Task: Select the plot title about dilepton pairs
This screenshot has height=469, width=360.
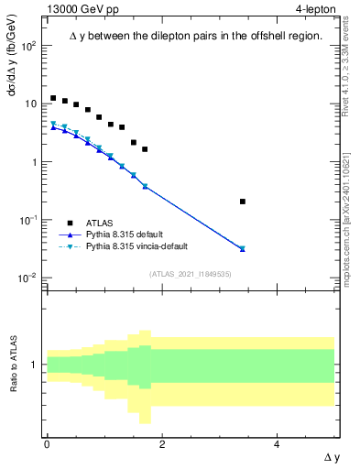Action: tap(196, 36)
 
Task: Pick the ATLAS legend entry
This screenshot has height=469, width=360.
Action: tap(101, 223)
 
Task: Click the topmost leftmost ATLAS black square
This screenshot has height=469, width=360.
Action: tap(53, 98)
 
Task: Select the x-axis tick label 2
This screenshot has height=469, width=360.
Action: tap(162, 443)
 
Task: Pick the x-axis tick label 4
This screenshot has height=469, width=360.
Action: tap(277, 443)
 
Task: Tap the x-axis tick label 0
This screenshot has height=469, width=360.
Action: tap(47, 443)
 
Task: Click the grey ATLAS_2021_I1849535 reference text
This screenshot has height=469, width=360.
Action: tap(191, 274)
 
